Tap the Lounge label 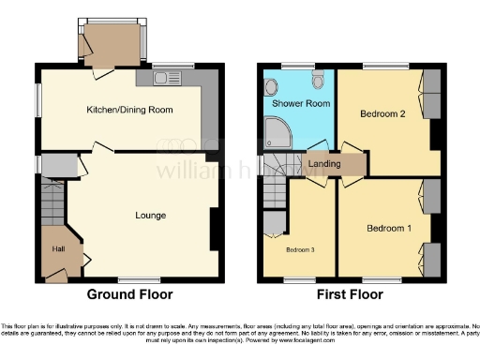pos(150,215)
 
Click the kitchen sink pos(171,77)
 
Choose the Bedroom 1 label pos(387,228)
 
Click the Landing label pos(324,164)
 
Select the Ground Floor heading pos(129,293)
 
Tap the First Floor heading pos(351,293)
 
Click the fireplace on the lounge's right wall pos(215,224)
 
